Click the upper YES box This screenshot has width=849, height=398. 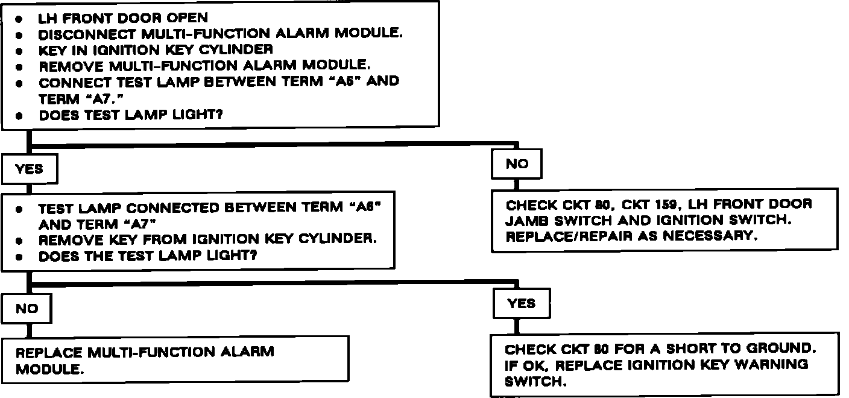tap(30, 169)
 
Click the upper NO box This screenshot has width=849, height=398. tap(517, 164)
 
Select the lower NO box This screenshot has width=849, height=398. tap(27, 309)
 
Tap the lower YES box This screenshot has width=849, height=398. tap(522, 303)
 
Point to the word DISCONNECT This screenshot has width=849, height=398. tap(87, 34)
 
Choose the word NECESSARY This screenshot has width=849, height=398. tap(710, 236)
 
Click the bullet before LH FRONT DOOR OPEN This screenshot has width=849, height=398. tap(19, 19)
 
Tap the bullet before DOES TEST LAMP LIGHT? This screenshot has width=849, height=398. tap(19, 116)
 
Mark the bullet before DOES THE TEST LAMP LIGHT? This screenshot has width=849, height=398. tap(19, 257)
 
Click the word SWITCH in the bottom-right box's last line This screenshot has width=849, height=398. tap(535, 381)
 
